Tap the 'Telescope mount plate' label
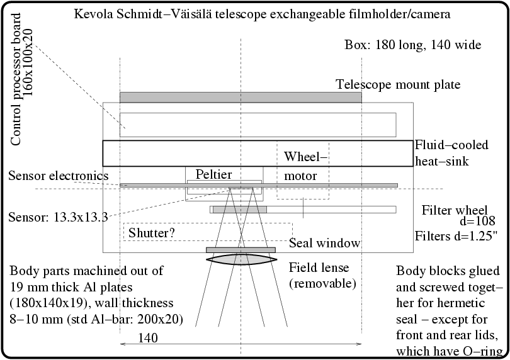(398, 84)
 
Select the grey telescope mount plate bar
(241, 98)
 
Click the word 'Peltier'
(213, 174)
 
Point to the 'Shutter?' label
(152, 233)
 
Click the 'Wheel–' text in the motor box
(305, 157)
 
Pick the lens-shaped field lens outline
(241, 259)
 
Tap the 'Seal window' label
(324, 243)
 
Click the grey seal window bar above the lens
(241, 250)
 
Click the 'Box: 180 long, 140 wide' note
(413, 45)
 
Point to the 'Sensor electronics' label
(59, 175)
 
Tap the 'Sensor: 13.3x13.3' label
(58, 218)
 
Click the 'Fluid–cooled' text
(451, 145)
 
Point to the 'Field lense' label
(319, 267)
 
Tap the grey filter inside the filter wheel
(239, 210)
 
